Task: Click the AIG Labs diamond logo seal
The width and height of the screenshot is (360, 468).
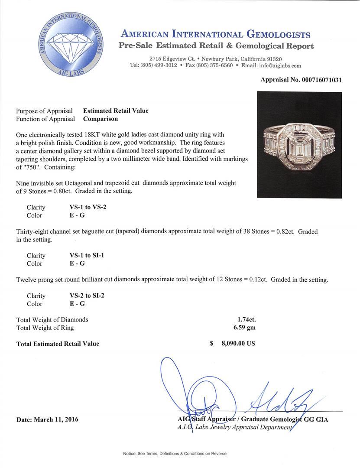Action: pos(71,44)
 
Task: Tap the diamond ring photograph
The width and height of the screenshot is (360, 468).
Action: pos(299,145)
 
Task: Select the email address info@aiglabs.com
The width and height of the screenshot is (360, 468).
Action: pos(278,65)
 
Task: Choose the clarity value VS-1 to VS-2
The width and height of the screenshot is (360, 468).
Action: pos(88,207)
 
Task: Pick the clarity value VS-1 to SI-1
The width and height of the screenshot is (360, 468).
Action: pos(87,255)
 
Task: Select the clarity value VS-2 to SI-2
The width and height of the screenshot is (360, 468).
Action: pos(87,296)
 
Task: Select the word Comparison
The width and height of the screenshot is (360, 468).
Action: pos(101,119)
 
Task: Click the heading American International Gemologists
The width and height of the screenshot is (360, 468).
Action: pos(215,35)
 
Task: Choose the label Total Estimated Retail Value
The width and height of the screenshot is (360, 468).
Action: pos(58,344)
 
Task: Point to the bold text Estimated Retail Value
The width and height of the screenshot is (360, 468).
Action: pos(116,110)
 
